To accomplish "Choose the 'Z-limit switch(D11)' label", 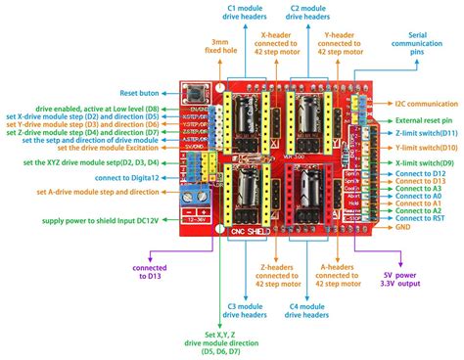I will (422, 133).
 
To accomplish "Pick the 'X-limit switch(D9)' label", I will (422, 161).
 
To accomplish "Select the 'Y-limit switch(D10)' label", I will (422, 147).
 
